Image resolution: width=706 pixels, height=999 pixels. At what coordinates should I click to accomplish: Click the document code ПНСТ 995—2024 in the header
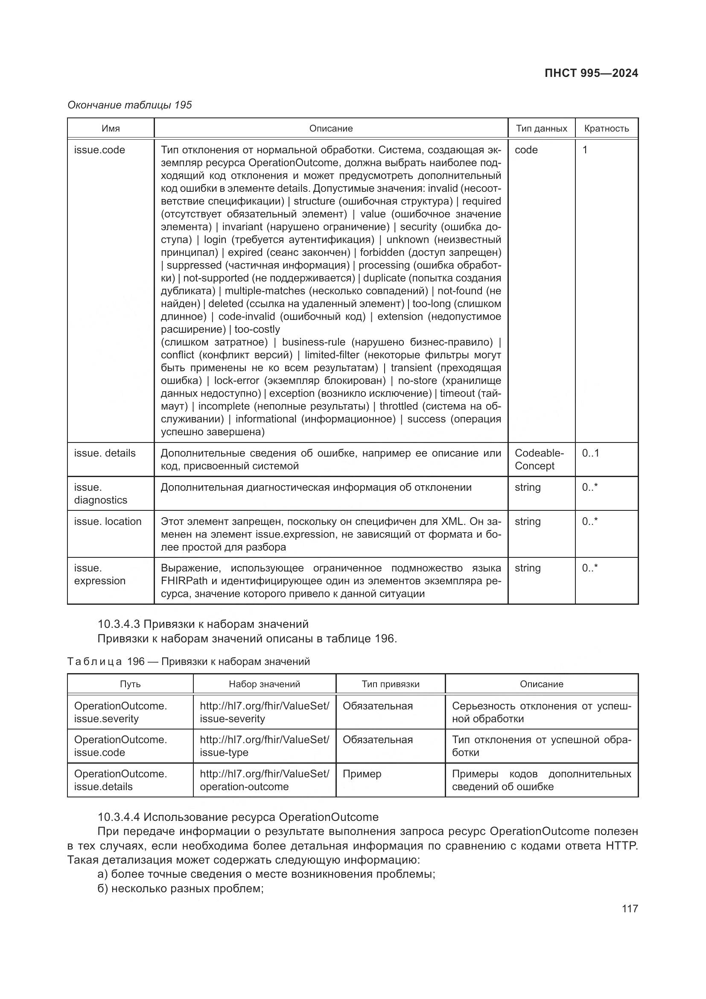591,73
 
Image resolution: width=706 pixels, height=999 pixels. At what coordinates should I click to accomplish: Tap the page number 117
630,908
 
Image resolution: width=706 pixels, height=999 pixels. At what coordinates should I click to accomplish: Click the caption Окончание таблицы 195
130,105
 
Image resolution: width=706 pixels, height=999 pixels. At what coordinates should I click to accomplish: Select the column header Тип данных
541,129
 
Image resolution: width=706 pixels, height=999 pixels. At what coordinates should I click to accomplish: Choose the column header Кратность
607,129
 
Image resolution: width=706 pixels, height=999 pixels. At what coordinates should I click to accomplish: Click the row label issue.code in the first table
99,149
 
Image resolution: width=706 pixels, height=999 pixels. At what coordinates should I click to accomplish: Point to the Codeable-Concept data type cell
539,459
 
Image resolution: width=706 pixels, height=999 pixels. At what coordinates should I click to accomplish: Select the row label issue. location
108,521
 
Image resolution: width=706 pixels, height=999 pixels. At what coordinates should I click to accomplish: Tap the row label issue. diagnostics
100,493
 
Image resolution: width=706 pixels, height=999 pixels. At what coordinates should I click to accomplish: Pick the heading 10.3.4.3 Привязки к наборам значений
203,624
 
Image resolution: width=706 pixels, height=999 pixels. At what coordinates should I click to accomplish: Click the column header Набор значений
264,684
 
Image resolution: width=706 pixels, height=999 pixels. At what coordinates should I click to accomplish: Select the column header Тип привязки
391,684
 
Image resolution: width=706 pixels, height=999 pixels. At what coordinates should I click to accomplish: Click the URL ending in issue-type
264,746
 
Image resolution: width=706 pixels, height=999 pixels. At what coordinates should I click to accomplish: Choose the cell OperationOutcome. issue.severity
120,712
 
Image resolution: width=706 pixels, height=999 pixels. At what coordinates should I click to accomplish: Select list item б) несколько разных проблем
181,888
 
